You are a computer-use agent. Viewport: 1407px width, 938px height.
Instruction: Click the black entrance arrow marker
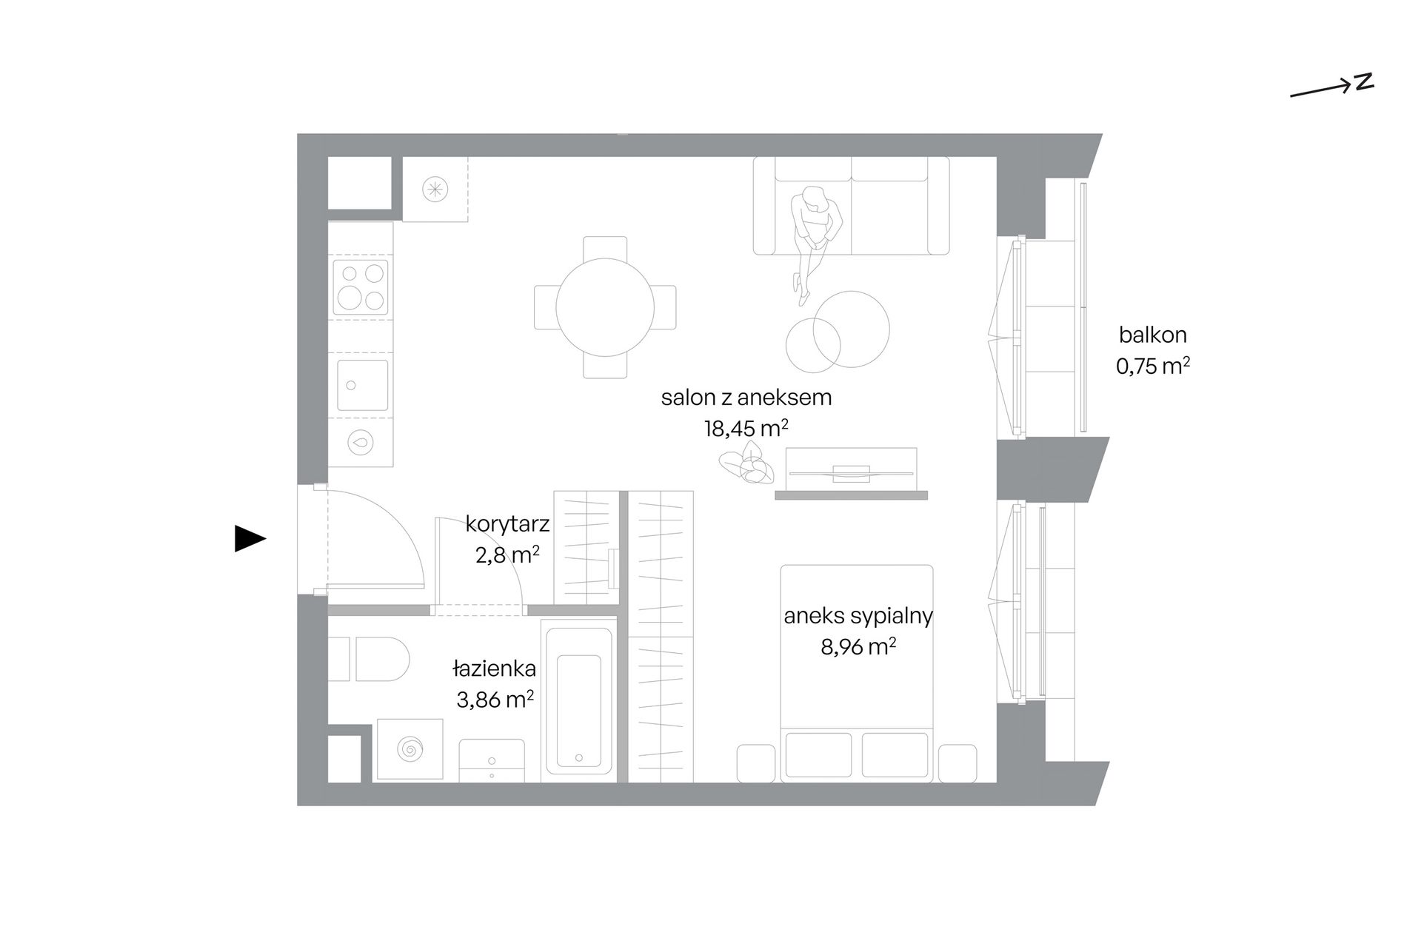250,538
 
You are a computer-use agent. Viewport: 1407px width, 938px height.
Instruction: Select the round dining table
605,307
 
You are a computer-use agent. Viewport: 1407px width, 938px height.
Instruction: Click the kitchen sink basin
362,385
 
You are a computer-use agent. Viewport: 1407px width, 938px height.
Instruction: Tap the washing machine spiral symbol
410,749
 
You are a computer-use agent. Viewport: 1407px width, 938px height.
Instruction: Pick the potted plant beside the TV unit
746,464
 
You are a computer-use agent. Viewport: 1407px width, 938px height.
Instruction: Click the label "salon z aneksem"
746,398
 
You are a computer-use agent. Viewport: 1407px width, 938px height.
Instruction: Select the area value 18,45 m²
746,428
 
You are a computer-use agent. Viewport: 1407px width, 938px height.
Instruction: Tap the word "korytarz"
507,524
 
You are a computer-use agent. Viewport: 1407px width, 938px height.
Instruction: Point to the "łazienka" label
495,669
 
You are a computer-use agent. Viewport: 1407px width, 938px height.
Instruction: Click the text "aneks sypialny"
858,616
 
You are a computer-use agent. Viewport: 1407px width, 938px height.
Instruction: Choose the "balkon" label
1152,335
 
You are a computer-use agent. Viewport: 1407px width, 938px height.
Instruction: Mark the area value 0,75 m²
1153,366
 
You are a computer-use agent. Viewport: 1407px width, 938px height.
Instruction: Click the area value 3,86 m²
495,700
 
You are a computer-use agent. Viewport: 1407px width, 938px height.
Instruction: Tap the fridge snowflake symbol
435,190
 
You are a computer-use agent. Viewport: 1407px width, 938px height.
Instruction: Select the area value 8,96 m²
858,646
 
